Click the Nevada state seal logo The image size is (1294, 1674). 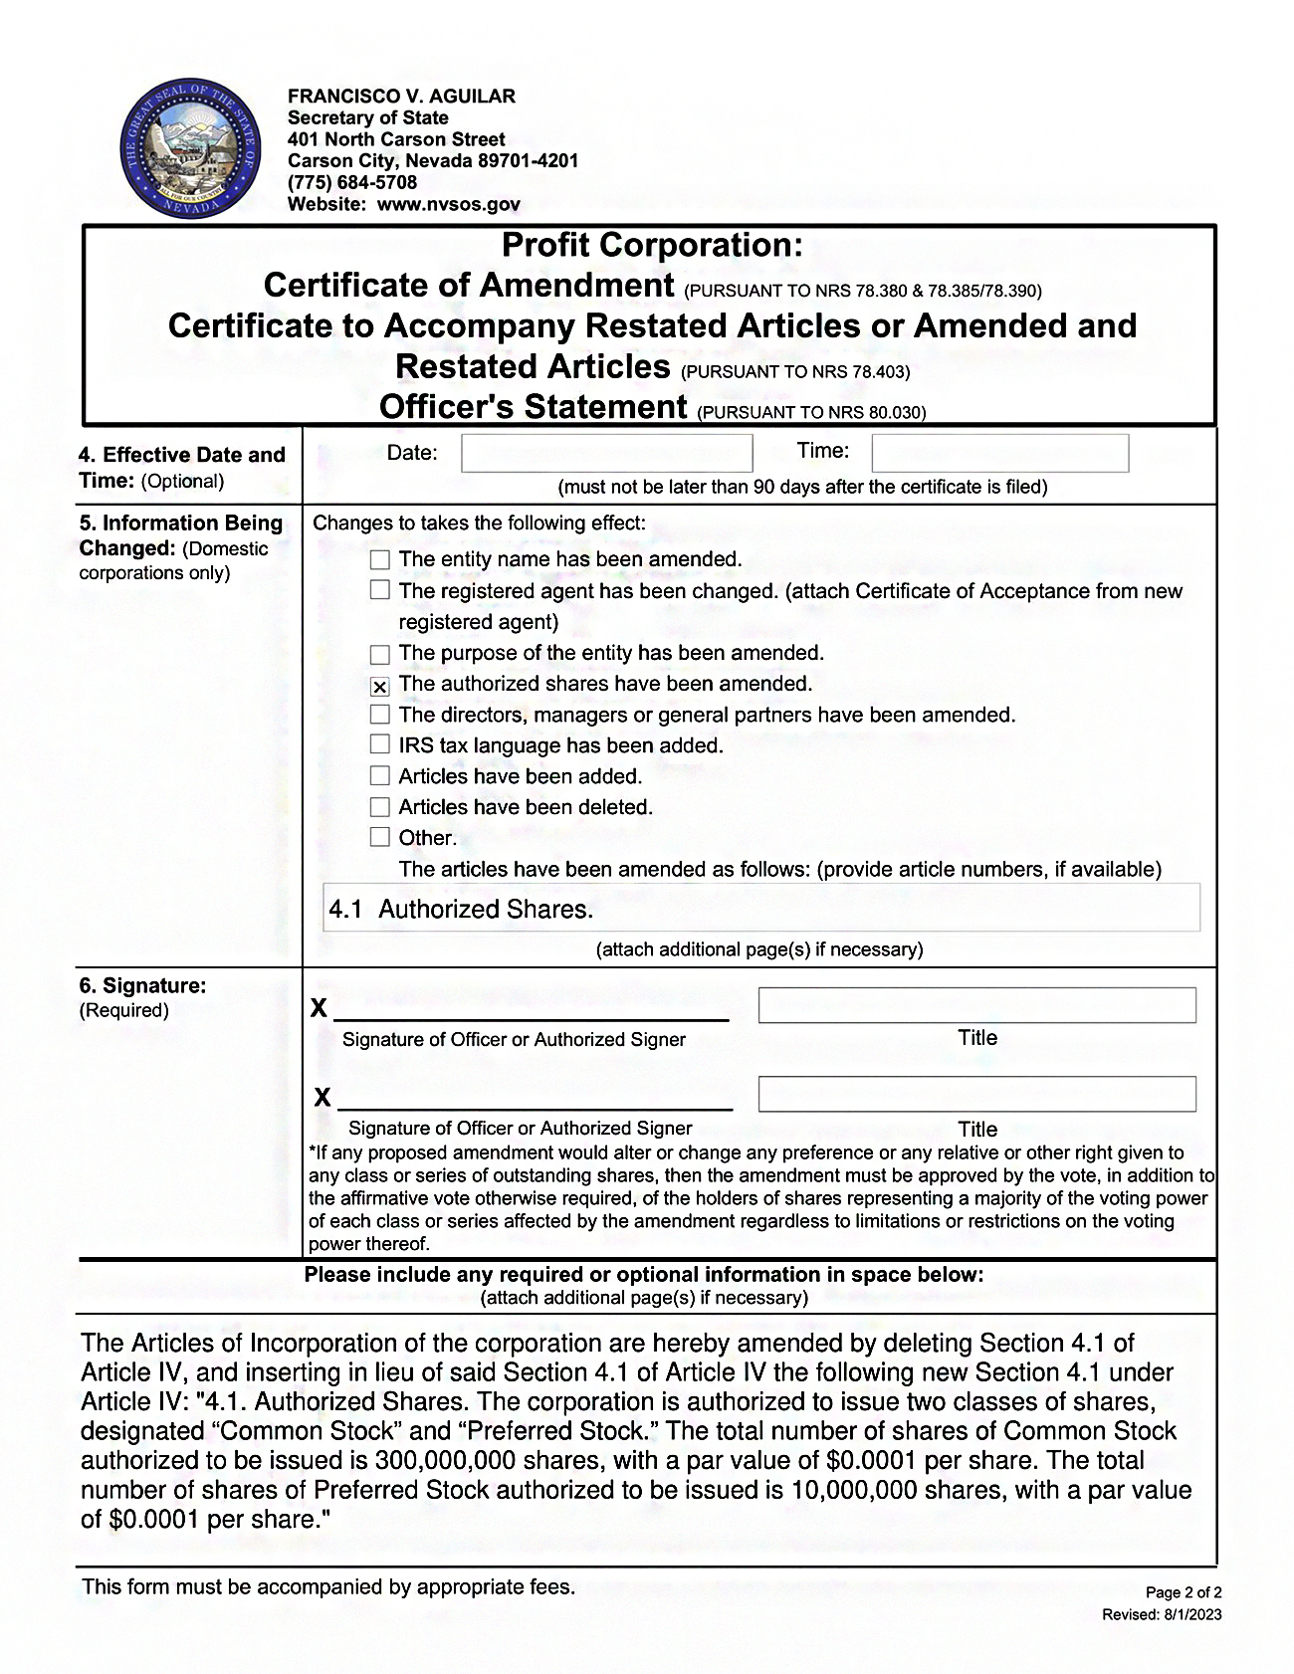click(190, 151)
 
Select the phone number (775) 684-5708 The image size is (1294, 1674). click(352, 183)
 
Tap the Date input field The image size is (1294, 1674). click(606, 454)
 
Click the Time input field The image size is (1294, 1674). click(999, 454)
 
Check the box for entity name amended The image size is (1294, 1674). click(379, 559)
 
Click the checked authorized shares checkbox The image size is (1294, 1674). click(379, 686)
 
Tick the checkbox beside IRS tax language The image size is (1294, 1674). click(379, 744)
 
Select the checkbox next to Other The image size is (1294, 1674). click(379, 837)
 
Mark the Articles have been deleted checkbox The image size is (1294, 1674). click(379, 806)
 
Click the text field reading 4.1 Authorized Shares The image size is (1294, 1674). click(761, 909)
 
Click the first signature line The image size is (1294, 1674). click(531, 1010)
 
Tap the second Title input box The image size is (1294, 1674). click(976, 1094)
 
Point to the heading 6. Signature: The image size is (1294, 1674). click(142, 986)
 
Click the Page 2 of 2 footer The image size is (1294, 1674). click(1184, 1592)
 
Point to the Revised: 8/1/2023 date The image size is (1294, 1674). click(1162, 1614)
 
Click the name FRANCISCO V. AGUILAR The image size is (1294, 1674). click(401, 97)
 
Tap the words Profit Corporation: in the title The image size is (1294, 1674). click(651, 246)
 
